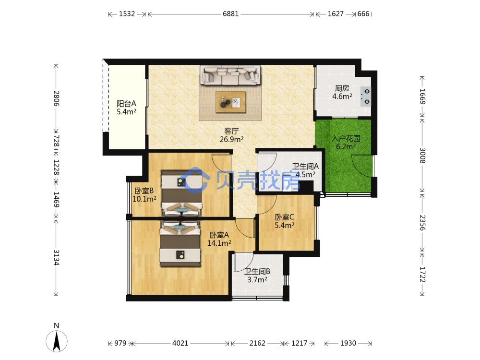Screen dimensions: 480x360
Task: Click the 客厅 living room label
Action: [231, 132]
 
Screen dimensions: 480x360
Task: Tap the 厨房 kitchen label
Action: [342, 88]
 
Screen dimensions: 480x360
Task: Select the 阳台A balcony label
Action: [126, 104]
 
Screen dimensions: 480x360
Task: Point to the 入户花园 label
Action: [346, 138]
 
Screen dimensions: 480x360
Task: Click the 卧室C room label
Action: [284, 217]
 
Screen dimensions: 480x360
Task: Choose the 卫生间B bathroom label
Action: [257, 271]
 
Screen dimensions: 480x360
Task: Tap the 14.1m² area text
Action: [219, 243]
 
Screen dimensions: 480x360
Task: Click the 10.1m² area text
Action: [144, 199]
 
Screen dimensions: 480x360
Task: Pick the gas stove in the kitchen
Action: [366, 96]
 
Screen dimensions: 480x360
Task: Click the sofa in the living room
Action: [230, 75]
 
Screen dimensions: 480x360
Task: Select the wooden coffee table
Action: [230, 102]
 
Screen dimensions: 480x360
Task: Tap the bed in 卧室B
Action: [182, 193]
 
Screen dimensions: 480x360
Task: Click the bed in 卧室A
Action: [180, 244]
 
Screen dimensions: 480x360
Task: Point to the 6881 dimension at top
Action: [230, 14]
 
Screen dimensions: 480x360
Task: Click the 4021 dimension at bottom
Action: [180, 343]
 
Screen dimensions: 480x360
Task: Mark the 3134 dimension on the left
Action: [56, 257]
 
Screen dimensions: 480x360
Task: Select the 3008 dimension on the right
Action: [422, 156]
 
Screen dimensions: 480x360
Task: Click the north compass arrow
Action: [56, 340]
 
